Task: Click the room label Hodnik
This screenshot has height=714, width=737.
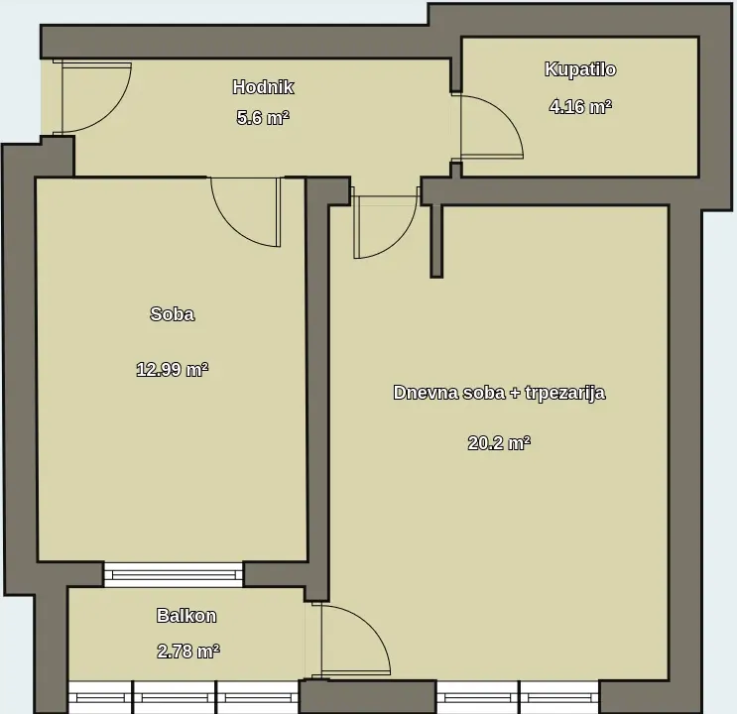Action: pos(263,87)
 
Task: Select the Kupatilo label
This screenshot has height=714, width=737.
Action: pos(580,69)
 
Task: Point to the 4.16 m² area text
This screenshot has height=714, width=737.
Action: pos(580,105)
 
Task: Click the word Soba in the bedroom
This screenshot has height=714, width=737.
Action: pos(172,314)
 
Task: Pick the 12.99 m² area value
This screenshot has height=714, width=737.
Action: pos(172,370)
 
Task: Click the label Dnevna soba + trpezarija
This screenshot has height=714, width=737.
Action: pos(499,393)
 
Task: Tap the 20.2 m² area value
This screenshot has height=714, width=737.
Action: pos(499,443)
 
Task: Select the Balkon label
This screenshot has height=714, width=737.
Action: pos(186,616)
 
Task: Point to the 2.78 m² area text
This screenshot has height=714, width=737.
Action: pos(187,652)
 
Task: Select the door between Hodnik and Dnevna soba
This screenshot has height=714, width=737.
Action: pos(384,226)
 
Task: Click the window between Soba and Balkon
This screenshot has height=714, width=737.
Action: pos(174,574)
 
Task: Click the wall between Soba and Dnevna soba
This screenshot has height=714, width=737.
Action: pos(317,397)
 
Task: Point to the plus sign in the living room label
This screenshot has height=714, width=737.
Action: pos(515,393)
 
